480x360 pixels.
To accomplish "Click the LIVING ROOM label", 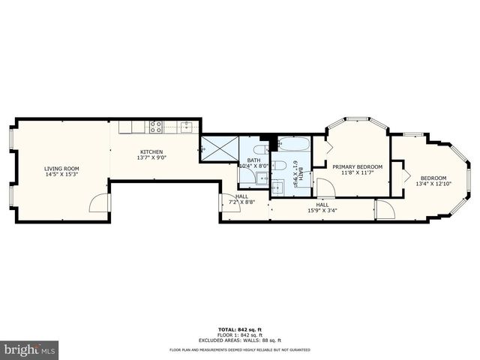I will (61, 169).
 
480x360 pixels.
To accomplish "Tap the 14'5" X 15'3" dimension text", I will (61, 175).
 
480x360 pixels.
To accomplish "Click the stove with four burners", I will (156, 127).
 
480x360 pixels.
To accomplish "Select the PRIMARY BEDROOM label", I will (358, 166).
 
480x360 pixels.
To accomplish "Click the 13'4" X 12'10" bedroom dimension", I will (433, 184).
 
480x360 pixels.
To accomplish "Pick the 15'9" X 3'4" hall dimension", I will (322, 211).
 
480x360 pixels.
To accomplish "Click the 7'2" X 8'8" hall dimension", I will (242, 202).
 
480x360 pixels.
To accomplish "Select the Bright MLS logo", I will (30, 349).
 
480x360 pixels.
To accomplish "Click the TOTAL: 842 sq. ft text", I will (240, 329).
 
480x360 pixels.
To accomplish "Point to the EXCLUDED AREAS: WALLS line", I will (240, 339).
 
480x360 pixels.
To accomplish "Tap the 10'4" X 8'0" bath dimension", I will (253, 166).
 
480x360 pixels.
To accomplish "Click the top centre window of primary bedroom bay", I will (358, 118).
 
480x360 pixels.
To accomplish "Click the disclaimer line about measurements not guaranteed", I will (240, 350).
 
